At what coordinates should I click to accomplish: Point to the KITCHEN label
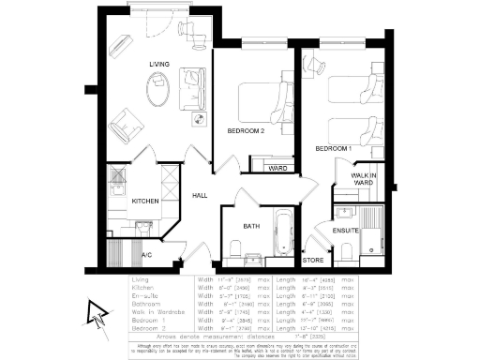tap(144, 201)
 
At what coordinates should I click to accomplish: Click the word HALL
tap(200, 195)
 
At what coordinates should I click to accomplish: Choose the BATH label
tap(250, 226)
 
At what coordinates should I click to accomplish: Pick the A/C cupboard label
tap(146, 254)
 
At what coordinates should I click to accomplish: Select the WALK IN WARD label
tap(363, 180)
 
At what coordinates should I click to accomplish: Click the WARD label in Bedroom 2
tap(277, 169)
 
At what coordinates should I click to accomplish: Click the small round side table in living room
tap(198, 119)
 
